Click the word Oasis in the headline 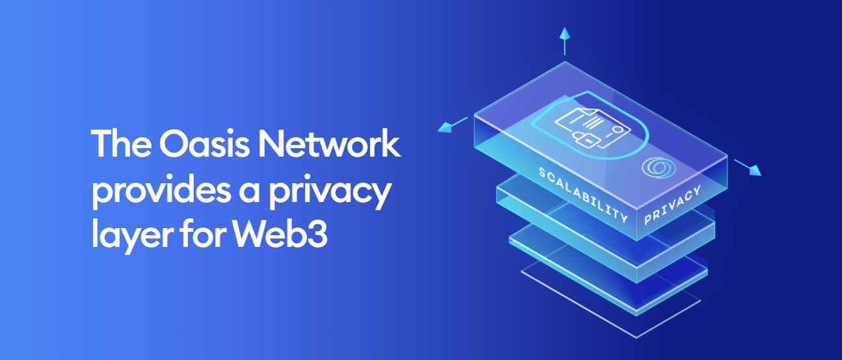204,144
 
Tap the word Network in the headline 329,143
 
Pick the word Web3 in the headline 280,233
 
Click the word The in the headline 121,143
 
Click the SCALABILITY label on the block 583,195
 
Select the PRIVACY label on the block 672,205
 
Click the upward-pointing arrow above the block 564,41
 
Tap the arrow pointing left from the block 453,125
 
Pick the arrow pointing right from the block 748,168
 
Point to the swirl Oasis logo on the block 659,168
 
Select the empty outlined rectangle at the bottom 611,301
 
